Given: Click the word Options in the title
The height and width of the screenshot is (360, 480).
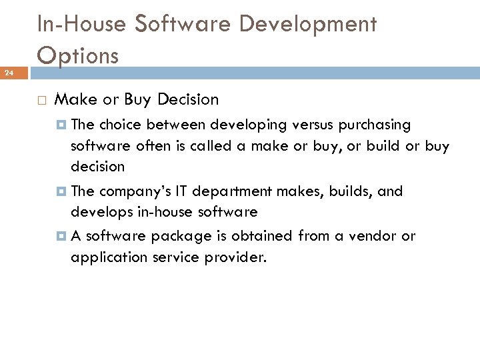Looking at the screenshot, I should tap(78, 55).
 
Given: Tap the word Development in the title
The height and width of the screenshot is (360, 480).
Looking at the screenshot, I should tap(308, 24).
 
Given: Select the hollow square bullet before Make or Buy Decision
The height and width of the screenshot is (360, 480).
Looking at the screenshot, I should tap(41, 101).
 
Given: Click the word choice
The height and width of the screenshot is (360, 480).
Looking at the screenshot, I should tap(121, 125).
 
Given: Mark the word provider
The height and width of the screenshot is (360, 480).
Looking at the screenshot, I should tap(239, 257).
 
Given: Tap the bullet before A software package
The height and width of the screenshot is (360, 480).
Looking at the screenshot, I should tap(62, 236).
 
